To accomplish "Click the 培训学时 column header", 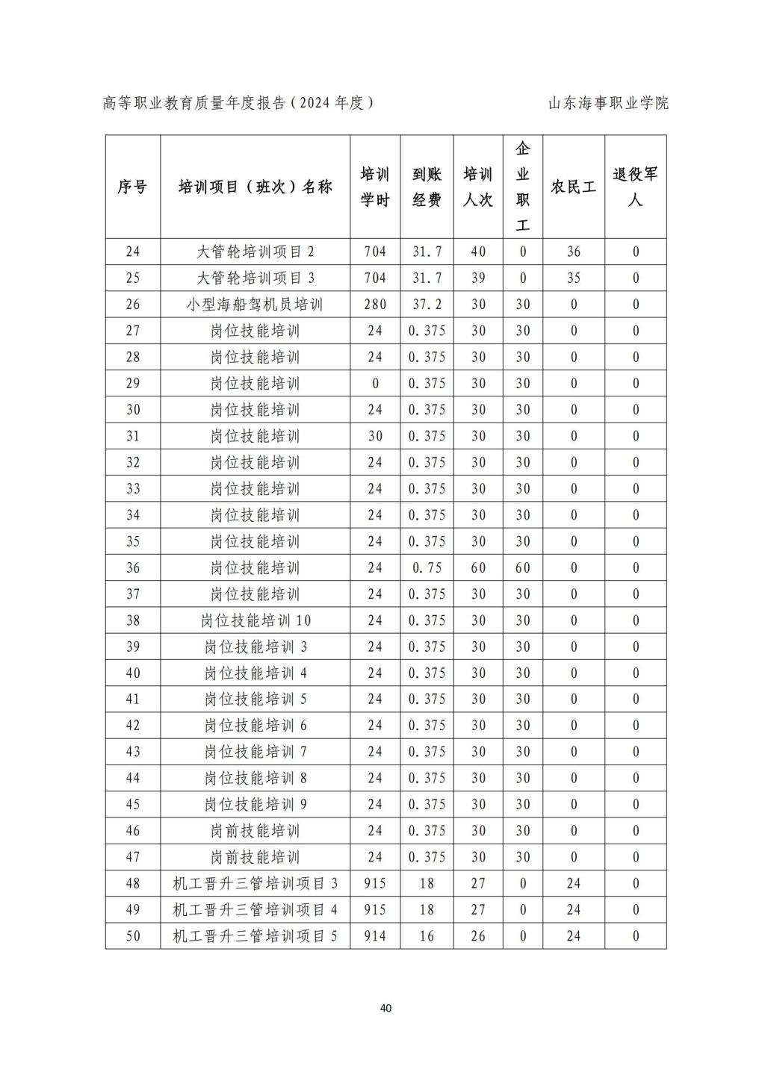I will tap(375, 187).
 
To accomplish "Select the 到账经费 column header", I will tap(427, 187).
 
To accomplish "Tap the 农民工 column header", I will tap(574, 187).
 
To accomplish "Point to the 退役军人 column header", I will tap(635, 187).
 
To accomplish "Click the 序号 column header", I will tap(132, 187).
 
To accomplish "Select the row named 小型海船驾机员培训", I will tap(255, 305).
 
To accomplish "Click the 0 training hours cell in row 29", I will tap(375, 384).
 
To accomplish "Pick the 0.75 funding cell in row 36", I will tap(427, 568).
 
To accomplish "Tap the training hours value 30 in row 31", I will tap(375, 436).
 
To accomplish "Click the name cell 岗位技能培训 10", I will tap(255, 620).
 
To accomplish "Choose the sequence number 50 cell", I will tap(132, 936).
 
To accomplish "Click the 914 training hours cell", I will tap(375, 936).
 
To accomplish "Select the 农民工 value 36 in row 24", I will tap(574, 252).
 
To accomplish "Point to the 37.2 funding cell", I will tap(427, 305).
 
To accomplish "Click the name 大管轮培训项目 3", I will tap(255, 278).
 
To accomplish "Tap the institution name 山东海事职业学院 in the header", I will tap(608, 103).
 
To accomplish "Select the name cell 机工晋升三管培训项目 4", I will tap(255, 910).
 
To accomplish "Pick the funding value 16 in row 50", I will tap(427, 936).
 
